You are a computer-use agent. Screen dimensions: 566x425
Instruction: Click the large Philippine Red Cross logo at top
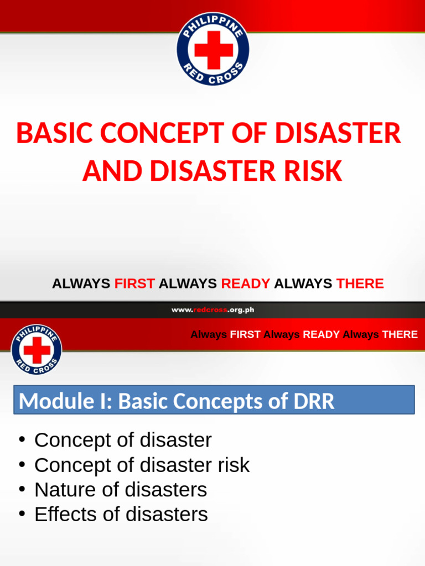click(212, 49)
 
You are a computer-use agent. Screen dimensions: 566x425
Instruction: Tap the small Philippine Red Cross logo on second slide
click(37, 349)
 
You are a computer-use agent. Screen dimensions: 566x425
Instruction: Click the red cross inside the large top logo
click(213, 50)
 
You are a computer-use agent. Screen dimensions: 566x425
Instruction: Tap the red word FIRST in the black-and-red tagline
click(134, 284)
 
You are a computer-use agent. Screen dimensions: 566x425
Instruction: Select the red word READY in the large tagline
click(246, 284)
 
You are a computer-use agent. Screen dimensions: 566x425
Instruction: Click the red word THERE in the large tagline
click(360, 284)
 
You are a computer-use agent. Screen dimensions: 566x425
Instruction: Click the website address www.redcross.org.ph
click(212, 310)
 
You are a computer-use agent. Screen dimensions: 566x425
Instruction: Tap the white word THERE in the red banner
click(400, 334)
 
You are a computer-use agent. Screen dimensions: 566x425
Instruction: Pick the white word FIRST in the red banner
click(246, 334)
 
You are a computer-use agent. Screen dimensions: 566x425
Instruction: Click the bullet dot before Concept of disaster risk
click(22, 465)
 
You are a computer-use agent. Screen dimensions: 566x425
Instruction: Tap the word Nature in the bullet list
click(62, 490)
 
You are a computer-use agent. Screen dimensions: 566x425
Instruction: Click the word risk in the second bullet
click(232, 465)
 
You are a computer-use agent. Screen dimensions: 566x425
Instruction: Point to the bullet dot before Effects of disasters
click(22, 514)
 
